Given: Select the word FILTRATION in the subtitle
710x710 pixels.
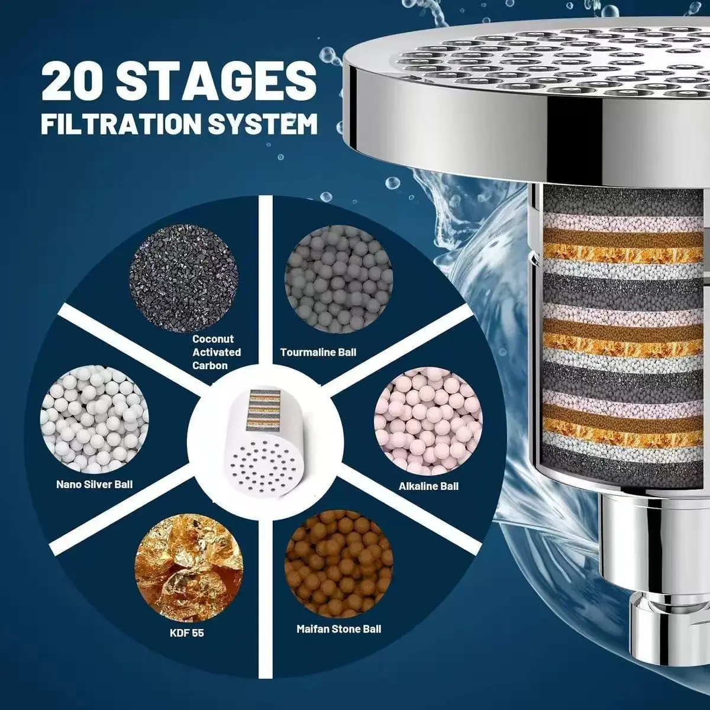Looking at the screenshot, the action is (x=122, y=124).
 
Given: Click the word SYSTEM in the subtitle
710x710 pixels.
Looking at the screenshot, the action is (x=263, y=124).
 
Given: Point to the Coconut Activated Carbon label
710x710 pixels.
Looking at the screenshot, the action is (x=217, y=352).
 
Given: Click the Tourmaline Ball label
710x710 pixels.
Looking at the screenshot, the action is (x=318, y=352).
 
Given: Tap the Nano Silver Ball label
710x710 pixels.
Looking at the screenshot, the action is (x=94, y=484).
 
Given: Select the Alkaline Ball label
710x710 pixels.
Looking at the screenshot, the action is (x=428, y=486).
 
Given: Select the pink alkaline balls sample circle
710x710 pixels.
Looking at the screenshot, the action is (x=428, y=421).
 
